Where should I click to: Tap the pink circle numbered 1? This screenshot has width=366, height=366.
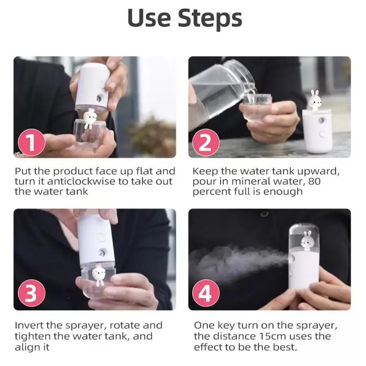click(x=31, y=143)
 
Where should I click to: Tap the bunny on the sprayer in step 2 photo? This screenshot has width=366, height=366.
click(x=315, y=99)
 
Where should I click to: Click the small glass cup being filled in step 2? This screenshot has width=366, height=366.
click(x=257, y=108)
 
